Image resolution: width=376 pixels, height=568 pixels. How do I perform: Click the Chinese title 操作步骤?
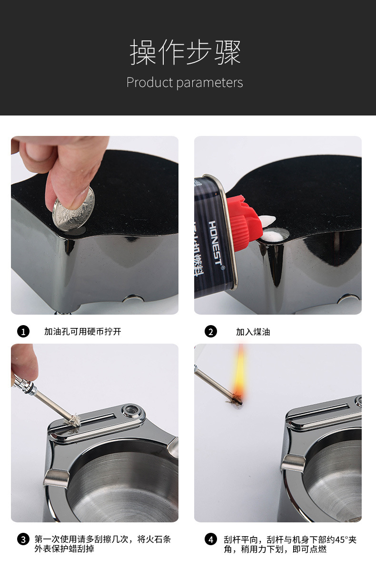click(185, 53)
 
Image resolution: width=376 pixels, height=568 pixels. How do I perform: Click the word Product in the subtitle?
click(149, 83)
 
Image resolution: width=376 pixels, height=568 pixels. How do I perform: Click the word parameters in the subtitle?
click(209, 83)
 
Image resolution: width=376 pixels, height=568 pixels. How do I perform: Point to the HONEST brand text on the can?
click(216, 243)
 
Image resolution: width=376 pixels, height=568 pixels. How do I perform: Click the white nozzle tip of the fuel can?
click(267, 220)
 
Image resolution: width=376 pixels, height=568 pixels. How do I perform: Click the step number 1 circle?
click(23, 331)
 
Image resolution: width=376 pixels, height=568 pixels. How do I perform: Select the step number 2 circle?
click(211, 331)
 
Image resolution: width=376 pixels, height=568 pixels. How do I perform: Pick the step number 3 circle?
click(23, 539)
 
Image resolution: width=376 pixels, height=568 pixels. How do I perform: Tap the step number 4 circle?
click(211, 539)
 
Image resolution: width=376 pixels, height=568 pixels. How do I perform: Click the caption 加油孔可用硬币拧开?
click(83, 331)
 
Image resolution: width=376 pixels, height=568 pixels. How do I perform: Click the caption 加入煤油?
click(253, 332)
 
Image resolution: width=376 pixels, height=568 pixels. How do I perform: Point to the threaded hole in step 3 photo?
click(129, 411)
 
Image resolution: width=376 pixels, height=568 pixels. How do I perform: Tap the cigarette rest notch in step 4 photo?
click(293, 464)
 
